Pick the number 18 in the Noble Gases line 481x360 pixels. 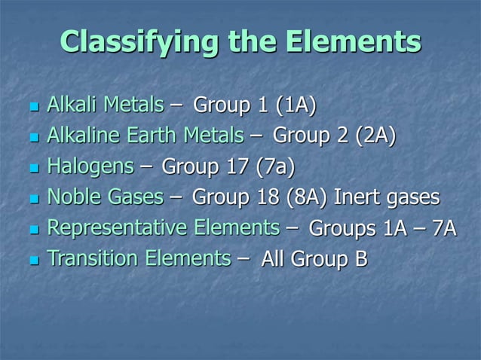(x=268, y=198)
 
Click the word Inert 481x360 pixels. (x=358, y=198)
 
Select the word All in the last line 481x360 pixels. (x=273, y=261)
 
